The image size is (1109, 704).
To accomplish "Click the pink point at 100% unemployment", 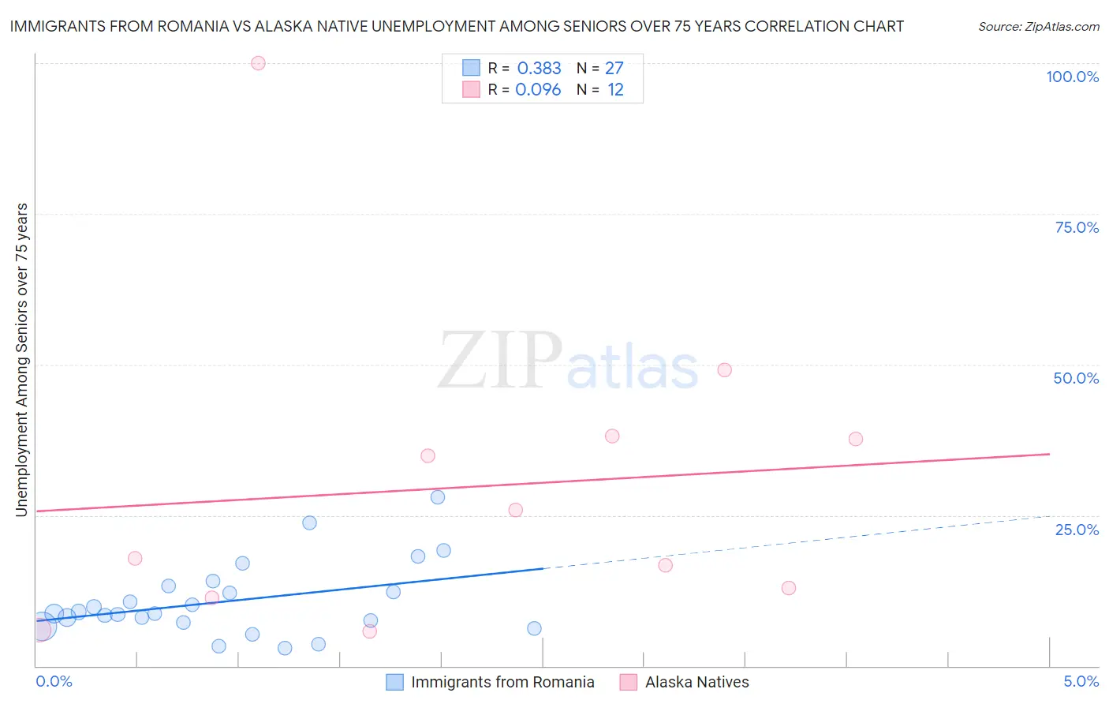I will (x=258, y=63).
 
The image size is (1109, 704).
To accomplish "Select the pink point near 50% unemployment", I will (x=724, y=370).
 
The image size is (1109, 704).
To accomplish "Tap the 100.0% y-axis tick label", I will (x=1072, y=77).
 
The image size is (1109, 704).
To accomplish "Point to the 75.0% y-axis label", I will (x=1077, y=227).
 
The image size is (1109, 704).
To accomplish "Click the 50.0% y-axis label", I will (x=1076, y=378).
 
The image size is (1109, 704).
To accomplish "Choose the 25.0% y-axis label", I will (x=1077, y=530).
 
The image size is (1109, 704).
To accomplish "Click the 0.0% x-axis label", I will (x=54, y=681).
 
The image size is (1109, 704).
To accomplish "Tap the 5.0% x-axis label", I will (x=1081, y=681).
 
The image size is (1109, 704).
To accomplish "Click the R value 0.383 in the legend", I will (x=539, y=69).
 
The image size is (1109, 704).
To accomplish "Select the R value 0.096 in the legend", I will (x=538, y=90).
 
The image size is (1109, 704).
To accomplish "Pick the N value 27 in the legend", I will (x=614, y=69).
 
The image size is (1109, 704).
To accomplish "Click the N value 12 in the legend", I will (x=615, y=90).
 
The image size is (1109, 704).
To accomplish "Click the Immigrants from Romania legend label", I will (x=502, y=682).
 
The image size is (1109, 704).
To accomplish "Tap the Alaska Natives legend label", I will (x=696, y=682).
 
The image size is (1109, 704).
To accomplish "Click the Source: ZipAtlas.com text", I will (x=1038, y=27).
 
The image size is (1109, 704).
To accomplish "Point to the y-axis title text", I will (x=21, y=360).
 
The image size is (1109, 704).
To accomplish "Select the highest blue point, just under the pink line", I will (x=438, y=497).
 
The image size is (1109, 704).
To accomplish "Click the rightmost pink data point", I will (x=856, y=439).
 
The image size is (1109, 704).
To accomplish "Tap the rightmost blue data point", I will (x=534, y=629).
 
